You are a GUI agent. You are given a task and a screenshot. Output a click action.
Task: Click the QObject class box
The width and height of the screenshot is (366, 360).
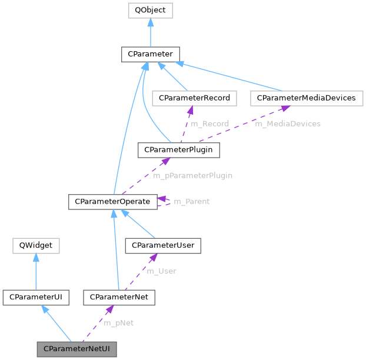pyautogui.click(x=150, y=11)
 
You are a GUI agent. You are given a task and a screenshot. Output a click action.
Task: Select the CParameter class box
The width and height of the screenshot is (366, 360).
pyautogui.click(x=150, y=54)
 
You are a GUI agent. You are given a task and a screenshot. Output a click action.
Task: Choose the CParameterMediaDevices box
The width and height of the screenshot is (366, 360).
pyautogui.click(x=305, y=98)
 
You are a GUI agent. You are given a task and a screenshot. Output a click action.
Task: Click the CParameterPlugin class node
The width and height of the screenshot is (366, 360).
pyautogui.click(x=178, y=150)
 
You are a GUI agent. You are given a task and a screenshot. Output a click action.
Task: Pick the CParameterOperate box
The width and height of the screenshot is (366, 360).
pyautogui.click(x=112, y=201)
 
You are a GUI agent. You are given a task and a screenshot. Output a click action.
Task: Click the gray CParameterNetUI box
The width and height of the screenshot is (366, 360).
pyautogui.click(x=76, y=349)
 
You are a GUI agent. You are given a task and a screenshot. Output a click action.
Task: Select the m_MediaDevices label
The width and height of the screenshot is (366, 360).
pyautogui.click(x=287, y=124)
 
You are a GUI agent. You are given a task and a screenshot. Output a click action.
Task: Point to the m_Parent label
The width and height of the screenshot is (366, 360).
pyautogui.click(x=191, y=201)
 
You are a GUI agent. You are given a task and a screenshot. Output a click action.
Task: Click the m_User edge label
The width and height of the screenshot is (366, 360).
pyautogui.click(x=161, y=271)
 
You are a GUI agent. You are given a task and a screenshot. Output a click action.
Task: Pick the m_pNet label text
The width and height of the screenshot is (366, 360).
pyautogui.click(x=118, y=323)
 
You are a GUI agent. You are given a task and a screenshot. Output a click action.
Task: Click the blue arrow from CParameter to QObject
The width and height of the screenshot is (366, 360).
pyautogui.click(x=150, y=32)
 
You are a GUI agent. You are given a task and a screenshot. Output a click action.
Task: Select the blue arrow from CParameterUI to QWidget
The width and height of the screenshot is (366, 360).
pyautogui.click(x=36, y=271)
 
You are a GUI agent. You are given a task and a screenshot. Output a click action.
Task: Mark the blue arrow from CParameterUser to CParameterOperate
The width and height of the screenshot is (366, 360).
pyautogui.click(x=139, y=224)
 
